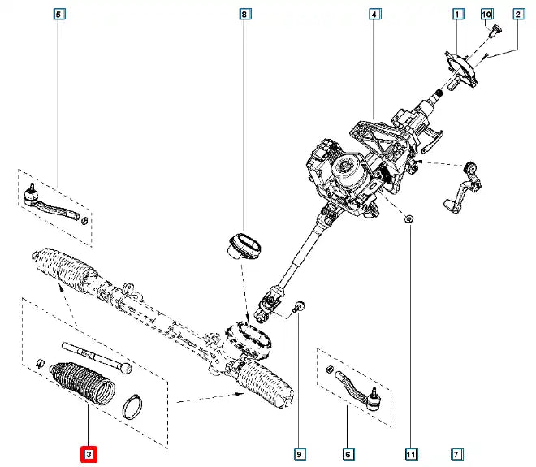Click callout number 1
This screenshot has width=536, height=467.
pyautogui.click(x=458, y=14)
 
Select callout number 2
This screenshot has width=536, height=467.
pyautogui.click(x=517, y=14)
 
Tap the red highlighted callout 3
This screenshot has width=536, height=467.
pyautogui.click(x=88, y=453)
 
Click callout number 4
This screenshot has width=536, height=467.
pyautogui.click(x=374, y=14)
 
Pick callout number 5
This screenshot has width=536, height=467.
pyautogui.click(x=58, y=14)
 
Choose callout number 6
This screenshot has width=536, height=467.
pyautogui.click(x=348, y=453)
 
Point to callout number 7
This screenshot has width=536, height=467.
pyautogui.click(x=456, y=453)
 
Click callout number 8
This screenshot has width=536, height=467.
pyautogui.click(x=244, y=14)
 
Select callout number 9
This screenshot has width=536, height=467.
pyautogui.click(x=300, y=453)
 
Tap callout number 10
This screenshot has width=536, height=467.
pyautogui.click(x=487, y=14)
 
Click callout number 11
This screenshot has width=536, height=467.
pyautogui.click(x=411, y=453)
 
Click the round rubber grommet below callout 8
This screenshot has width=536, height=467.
pyautogui.click(x=243, y=244)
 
